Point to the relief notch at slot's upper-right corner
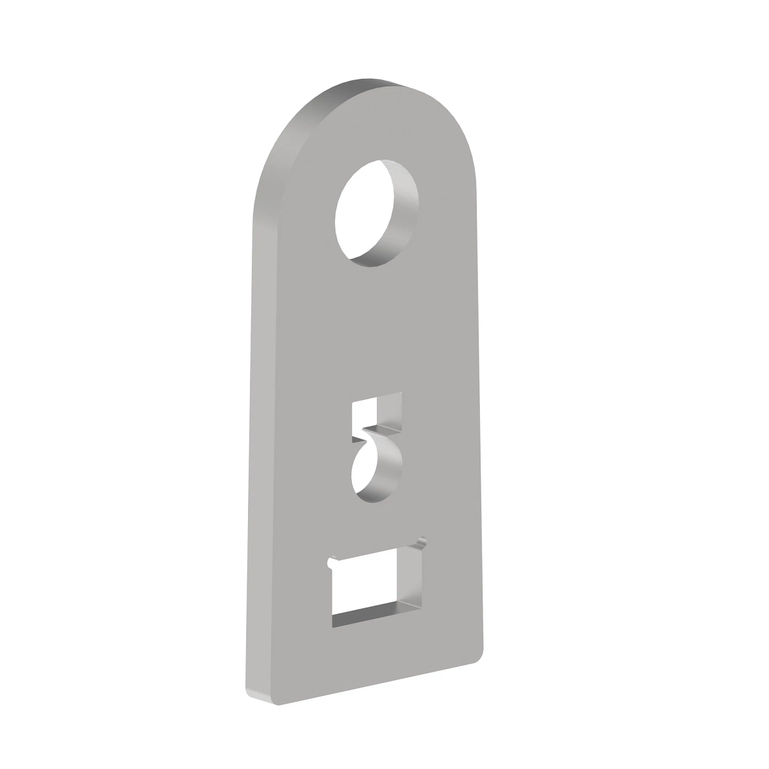(421, 542)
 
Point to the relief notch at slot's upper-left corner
(331, 562)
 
